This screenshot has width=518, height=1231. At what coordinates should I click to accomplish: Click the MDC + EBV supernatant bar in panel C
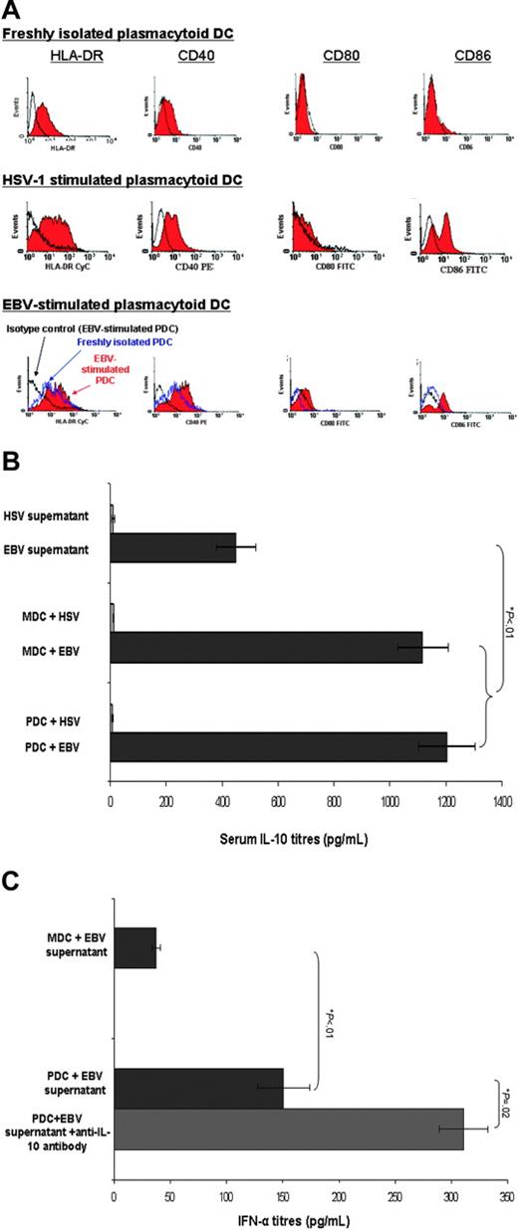pos(135,921)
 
